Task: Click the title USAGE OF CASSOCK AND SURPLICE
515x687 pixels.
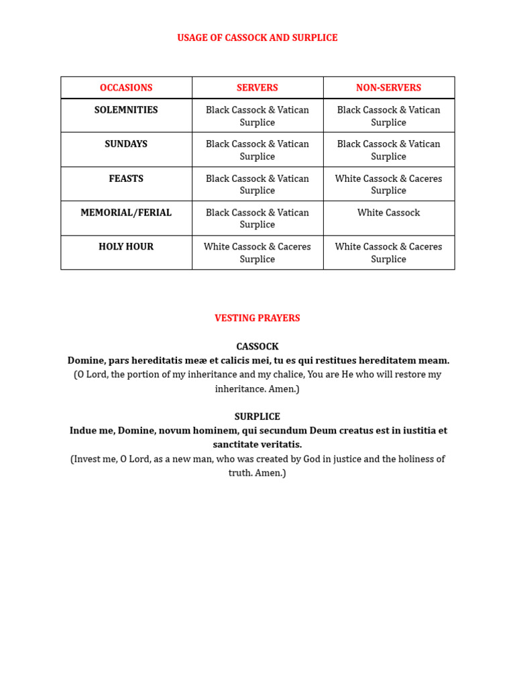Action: (x=257, y=38)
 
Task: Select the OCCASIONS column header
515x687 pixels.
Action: (x=126, y=88)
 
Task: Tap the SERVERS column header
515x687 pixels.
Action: (x=257, y=88)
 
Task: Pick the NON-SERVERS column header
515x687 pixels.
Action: (x=389, y=88)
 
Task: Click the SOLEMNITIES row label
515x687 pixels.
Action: (x=126, y=110)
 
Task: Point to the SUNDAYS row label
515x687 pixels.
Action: (x=126, y=144)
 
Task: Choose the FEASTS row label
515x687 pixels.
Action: (x=126, y=179)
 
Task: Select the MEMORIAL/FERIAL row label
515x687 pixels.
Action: (x=126, y=213)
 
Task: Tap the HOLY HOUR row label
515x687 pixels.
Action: (x=126, y=247)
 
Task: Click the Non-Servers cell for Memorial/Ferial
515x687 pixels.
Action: (x=389, y=213)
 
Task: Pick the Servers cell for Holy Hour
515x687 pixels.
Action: (x=257, y=253)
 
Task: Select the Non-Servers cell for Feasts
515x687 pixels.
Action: (x=389, y=184)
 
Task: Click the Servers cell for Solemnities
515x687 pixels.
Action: (x=257, y=116)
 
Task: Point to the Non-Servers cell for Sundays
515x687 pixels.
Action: (x=389, y=150)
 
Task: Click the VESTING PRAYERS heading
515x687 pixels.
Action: (x=257, y=319)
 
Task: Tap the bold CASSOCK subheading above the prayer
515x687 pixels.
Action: (x=257, y=347)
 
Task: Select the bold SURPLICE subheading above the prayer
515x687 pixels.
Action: (x=257, y=417)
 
